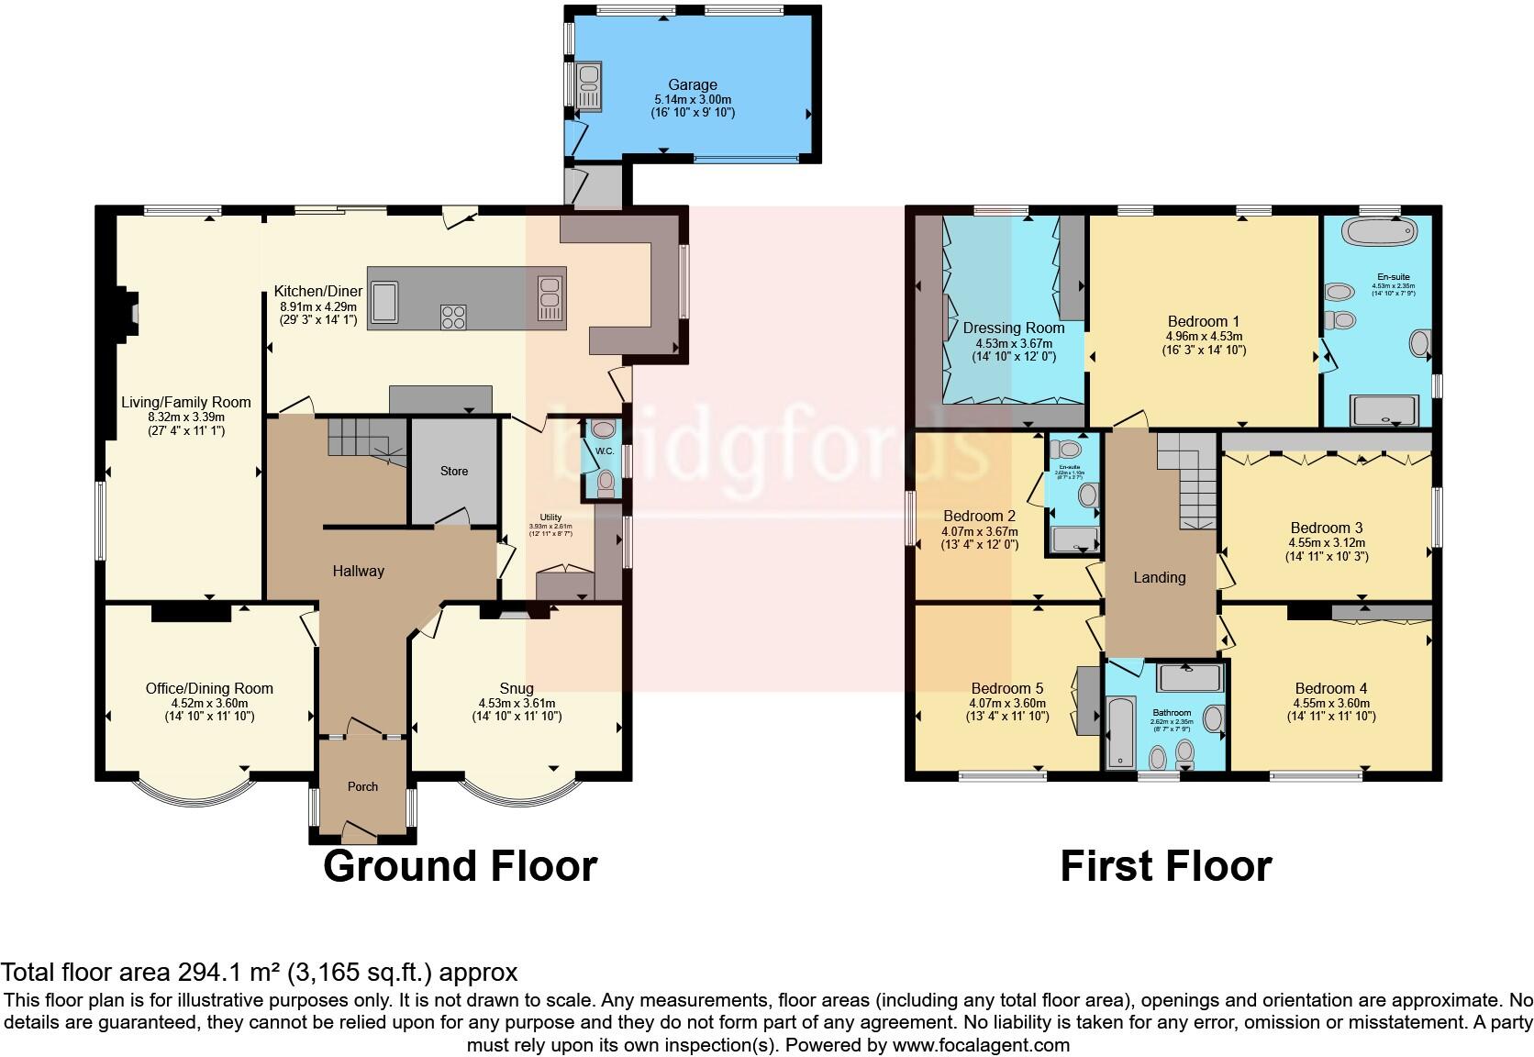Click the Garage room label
click(693, 84)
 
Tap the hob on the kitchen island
click(453, 316)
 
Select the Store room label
click(454, 471)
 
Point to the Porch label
click(362, 786)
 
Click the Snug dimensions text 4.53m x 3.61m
click(517, 704)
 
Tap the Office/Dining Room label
click(209, 688)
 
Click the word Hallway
click(358, 571)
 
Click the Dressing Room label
click(1014, 328)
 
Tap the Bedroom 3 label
click(1326, 528)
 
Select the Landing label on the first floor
click(1160, 577)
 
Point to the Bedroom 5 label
click(1006, 688)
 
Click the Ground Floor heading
click(460, 866)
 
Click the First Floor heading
click(1165, 866)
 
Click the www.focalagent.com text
click(981, 1044)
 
